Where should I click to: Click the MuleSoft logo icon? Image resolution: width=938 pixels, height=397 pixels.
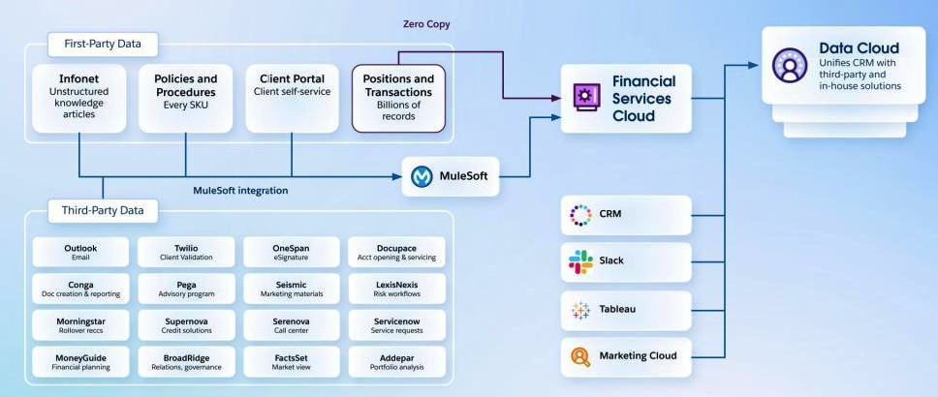click(x=422, y=177)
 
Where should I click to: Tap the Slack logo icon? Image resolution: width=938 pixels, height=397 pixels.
click(x=580, y=261)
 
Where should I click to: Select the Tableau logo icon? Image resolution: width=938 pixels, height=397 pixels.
click(x=580, y=310)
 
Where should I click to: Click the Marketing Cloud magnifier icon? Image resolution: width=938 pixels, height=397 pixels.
click(x=580, y=356)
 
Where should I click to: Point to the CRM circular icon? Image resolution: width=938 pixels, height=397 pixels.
click(x=580, y=214)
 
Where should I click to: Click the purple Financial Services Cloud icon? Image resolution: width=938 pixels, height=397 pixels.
click(x=584, y=97)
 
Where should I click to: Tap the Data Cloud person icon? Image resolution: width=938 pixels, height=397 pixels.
click(x=789, y=65)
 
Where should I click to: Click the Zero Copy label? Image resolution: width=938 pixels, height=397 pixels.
click(x=426, y=23)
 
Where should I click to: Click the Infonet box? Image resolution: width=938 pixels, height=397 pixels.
click(x=78, y=97)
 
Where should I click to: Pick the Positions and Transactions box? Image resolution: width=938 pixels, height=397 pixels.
click(x=397, y=97)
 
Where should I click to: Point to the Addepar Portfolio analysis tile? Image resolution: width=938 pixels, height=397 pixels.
click(x=396, y=361)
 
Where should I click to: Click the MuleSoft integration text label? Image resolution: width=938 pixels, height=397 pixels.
click(x=240, y=191)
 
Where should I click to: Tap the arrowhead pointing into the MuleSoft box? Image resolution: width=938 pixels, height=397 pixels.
click(x=397, y=176)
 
